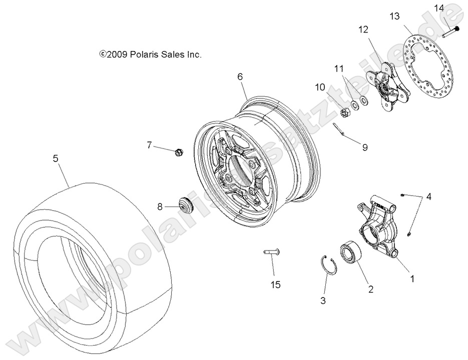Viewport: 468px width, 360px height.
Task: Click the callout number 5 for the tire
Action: [56, 158]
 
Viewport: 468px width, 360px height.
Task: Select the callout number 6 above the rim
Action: [240, 76]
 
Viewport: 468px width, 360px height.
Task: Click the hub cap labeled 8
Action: [186, 205]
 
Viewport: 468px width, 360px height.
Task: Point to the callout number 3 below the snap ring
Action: [323, 300]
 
